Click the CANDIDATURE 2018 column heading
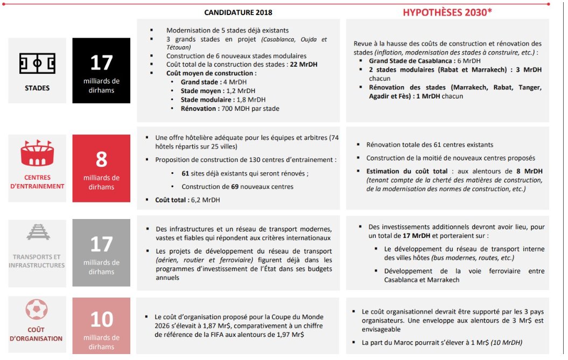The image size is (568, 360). pyautogui.click(x=238, y=12)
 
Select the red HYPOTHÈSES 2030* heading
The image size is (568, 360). pyautogui.click(x=447, y=12)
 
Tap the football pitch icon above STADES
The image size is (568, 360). pyautogui.click(x=37, y=63)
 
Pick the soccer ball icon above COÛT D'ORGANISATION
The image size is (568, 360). pyautogui.click(x=37, y=310)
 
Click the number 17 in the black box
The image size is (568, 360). pyautogui.click(x=101, y=63)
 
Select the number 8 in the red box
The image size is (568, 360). pyautogui.click(x=101, y=160)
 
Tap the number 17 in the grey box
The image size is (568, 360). pyautogui.click(x=101, y=244)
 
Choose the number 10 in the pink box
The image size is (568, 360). pyautogui.click(x=101, y=320)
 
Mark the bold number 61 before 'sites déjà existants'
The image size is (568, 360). pyautogui.click(x=186, y=173)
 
